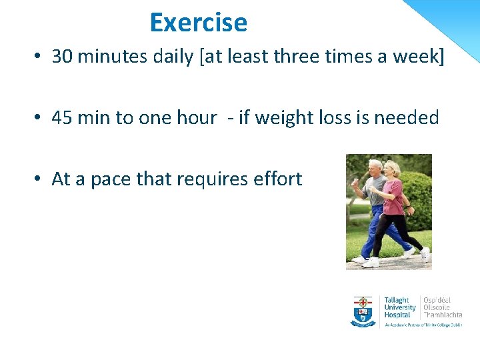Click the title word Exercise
pyautogui.click(x=198, y=23)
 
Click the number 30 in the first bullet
pyautogui.click(x=62, y=57)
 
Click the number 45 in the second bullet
pyautogui.click(x=62, y=118)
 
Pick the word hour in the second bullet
pyautogui.click(x=195, y=118)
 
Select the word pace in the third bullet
pyautogui.click(x=111, y=179)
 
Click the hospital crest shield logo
pyautogui.click(x=363, y=311)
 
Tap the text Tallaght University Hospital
pyautogui.click(x=399, y=307)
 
